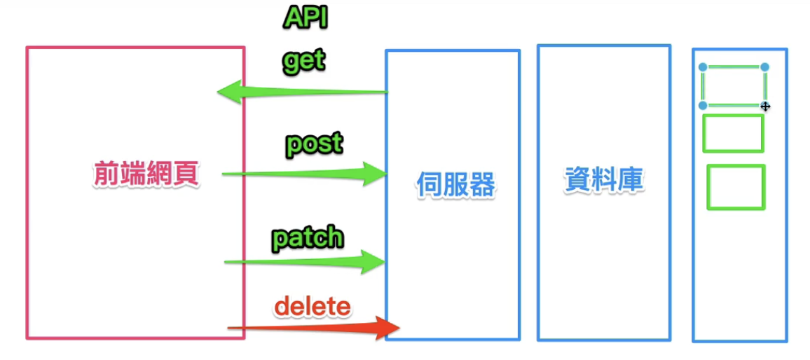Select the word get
pos(304,61)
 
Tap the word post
pos(314,144)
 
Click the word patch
pos(308,238)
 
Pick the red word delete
pos(312,306)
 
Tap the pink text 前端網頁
pos(146,175)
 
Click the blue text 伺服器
pos(455,186)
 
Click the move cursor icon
pos(765,106)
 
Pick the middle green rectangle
pos(733,133)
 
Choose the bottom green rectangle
pos(736,186)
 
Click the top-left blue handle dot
pos(703,67)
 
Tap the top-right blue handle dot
pos(764,67)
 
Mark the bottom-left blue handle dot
pos(703,105)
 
